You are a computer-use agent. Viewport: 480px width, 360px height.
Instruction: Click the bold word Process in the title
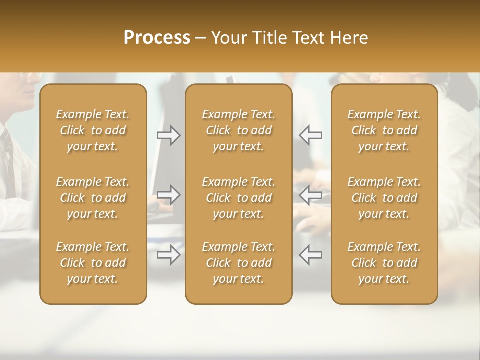157,37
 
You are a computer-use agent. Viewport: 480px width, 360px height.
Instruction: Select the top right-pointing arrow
169,135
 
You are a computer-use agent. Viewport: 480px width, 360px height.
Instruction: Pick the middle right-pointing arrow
169,194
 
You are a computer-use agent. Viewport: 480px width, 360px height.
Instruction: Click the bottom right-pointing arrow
169,255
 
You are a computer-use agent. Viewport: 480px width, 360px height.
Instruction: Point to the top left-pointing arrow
310,135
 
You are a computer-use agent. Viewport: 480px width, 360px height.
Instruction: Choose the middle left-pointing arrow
310,194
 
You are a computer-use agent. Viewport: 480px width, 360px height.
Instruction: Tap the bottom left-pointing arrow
310,255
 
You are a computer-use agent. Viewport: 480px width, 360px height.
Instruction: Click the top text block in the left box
93,130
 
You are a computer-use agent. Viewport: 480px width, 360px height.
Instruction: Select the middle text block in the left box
93,198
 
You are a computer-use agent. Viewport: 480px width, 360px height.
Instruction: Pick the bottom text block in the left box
93,263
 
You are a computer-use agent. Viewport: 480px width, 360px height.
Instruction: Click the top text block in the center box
238,130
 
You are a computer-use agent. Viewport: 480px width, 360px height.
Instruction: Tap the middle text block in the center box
238,198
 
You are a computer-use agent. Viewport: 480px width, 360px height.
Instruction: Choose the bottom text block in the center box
238,263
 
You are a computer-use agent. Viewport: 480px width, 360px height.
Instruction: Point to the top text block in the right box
384,130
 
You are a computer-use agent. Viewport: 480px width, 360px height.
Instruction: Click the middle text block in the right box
384,198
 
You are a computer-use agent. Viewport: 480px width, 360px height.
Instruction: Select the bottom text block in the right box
384,263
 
